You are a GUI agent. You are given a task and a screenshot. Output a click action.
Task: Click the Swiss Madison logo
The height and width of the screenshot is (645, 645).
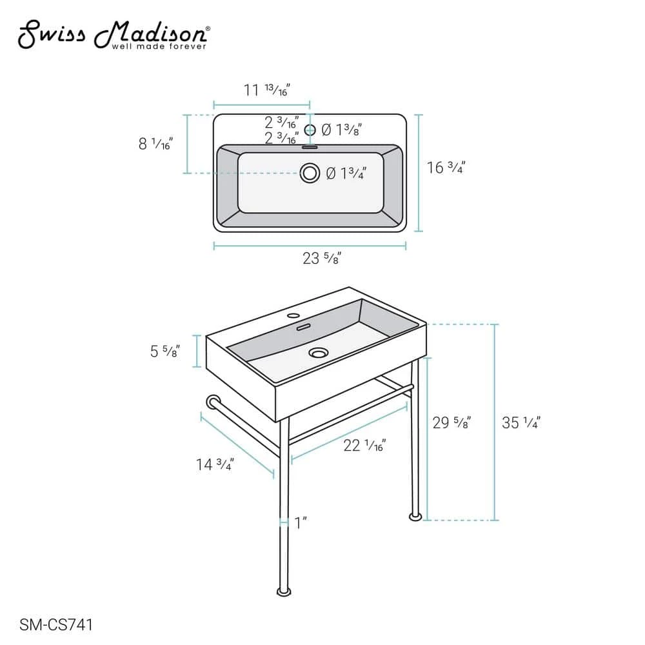(114, 35)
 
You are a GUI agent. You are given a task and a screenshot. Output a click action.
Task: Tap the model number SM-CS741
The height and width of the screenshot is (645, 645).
(56, 625)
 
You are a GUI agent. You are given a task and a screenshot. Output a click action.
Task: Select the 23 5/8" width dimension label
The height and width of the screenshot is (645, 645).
(322, 258)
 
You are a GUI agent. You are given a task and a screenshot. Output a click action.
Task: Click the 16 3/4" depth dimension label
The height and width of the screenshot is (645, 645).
(446, 168)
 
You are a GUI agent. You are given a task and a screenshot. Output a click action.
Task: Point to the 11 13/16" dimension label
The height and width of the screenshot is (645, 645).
(266, 90)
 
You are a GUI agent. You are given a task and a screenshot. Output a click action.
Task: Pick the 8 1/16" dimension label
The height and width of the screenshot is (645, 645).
(155, 144)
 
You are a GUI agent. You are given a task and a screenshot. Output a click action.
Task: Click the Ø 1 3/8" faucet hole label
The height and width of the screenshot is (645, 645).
(341, 130)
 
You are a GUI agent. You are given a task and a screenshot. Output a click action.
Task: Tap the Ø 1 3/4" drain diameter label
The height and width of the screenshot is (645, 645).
(346, 173)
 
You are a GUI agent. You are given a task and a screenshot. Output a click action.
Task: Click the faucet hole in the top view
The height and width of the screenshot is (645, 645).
(310, 130)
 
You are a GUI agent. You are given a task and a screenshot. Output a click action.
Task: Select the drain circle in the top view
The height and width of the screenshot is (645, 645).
(310, 173)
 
